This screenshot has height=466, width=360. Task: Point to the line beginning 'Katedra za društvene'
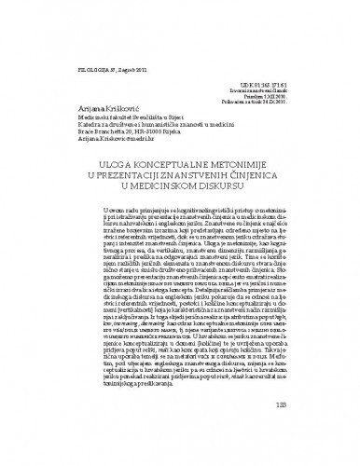point(136,113)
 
